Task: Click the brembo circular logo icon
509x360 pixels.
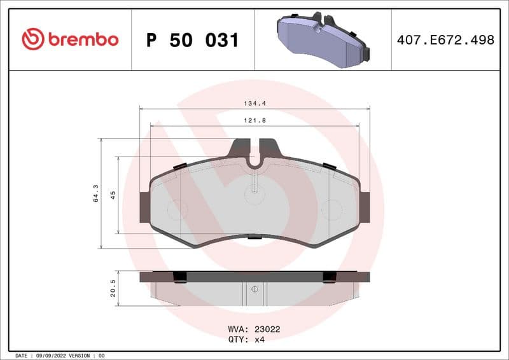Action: click(33, 39)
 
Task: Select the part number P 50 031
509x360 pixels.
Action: click(192, 40)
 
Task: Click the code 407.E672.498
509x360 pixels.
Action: click(445, 40)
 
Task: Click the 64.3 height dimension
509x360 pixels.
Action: click(96, 193)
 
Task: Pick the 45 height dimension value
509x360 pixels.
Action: click(113, 195)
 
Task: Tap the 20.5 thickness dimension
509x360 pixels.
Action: click(113, 288)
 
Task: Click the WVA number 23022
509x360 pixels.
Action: click(267, 329)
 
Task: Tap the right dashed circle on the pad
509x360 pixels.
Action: click(331, 209)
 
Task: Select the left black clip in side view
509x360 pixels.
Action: click(180, 277)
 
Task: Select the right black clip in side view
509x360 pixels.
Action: click(329, 277)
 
